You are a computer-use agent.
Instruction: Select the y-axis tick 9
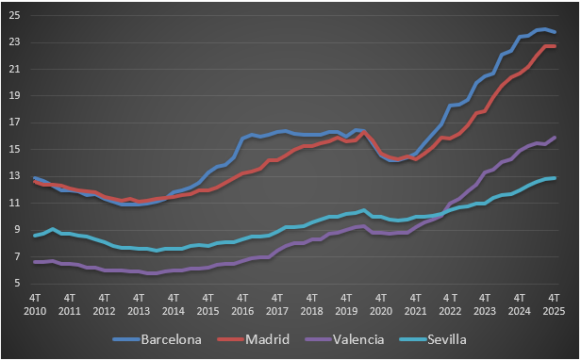tap(17, 229)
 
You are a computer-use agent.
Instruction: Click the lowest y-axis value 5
tap(17, 283)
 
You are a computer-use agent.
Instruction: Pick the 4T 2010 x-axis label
tap(35, 303)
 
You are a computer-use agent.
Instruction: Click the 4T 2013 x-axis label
tap(139, 303)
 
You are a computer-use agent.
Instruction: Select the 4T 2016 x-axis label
tap(242, 303)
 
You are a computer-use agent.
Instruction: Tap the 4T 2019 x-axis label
tap(346, 303)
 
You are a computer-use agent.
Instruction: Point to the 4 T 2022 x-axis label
tap(450, 303)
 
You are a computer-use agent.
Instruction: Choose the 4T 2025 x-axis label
tap(554, 303)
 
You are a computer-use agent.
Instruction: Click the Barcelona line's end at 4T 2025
tap(555, 33)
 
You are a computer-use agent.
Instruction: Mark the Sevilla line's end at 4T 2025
tap(555, 178)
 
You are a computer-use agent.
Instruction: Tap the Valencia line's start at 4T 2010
tap(35, 262)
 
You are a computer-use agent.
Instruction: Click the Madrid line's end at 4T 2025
tap(555, 46)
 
